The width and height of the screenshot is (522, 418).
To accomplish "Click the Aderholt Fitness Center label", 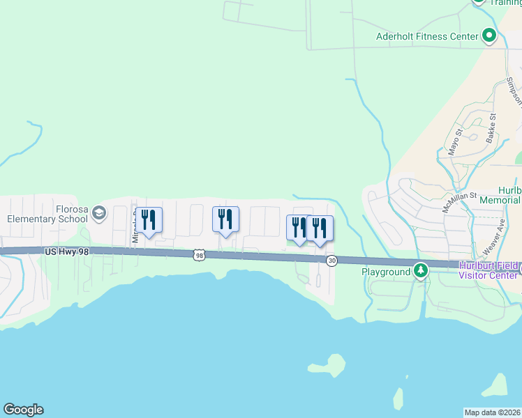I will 427,36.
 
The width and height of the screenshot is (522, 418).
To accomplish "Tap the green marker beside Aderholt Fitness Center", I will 489,36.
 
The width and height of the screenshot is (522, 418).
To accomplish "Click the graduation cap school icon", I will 98,212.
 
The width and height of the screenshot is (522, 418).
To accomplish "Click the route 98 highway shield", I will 200,256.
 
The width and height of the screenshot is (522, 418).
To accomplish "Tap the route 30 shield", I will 331,260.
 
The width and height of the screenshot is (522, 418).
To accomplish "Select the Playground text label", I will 386,271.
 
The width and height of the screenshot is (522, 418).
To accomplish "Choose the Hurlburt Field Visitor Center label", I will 489,270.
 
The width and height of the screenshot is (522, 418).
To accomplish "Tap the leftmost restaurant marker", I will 149,220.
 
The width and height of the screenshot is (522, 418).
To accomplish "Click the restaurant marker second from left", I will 225,219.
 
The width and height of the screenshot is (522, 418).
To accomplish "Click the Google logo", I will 23,410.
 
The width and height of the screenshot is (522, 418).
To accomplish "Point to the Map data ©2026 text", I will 493,412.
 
